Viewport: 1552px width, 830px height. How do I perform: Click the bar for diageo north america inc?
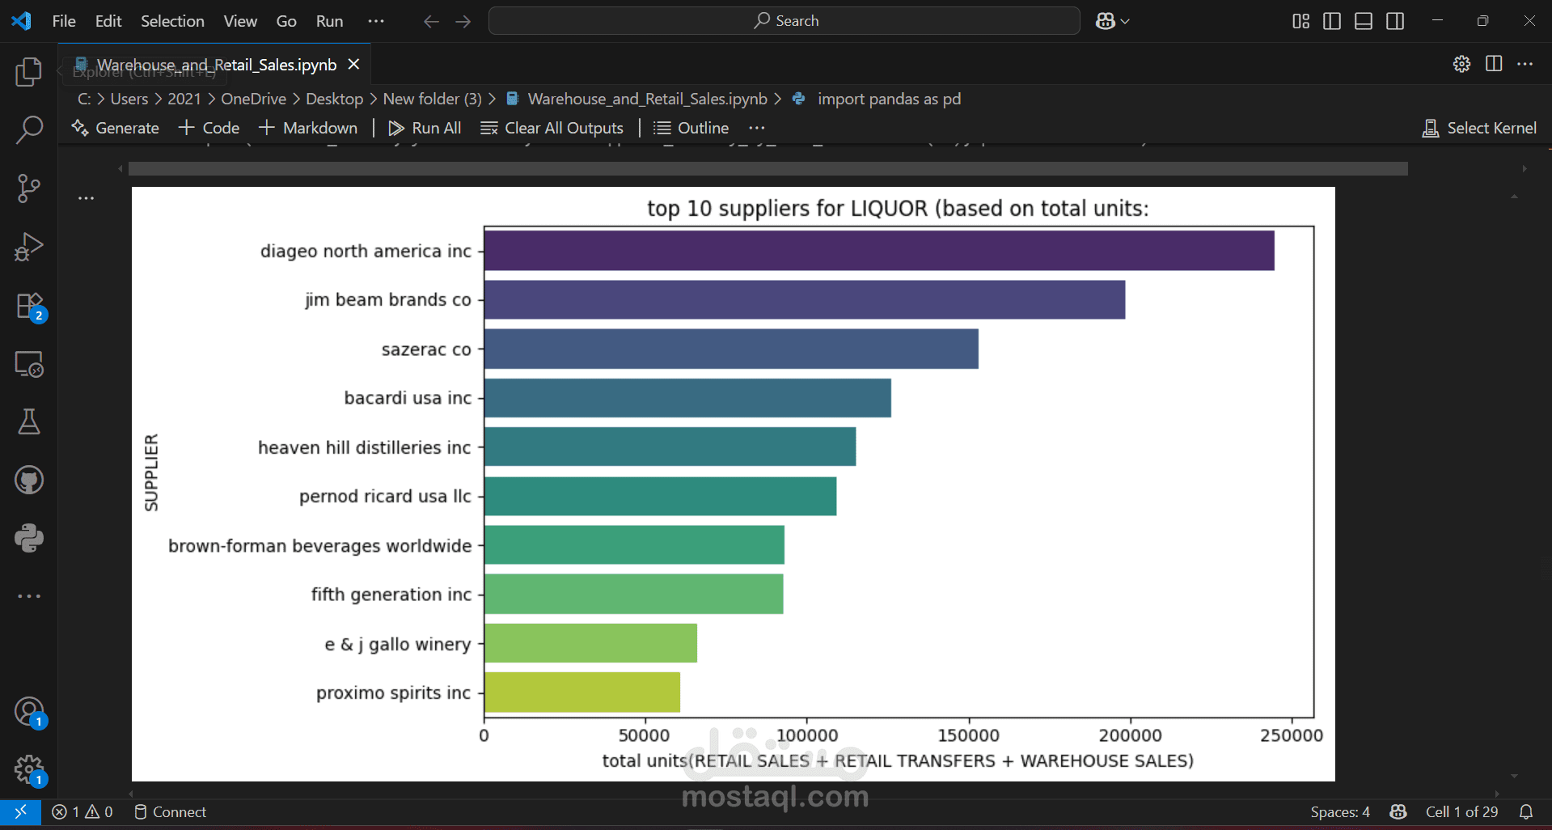coord(879,251)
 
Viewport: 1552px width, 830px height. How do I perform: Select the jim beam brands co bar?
coord(805,300)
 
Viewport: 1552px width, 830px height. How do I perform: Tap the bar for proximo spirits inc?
coord(582,692)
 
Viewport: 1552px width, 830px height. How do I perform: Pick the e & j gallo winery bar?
coord(590,644)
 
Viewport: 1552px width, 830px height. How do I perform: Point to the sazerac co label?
coord(426,349)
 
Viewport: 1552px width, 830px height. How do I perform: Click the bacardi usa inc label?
coord(408,398)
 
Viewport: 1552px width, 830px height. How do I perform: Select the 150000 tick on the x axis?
coord(968,735)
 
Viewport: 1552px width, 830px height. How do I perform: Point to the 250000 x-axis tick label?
coord(1291,735)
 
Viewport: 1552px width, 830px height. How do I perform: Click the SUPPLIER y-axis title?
coord(151,472)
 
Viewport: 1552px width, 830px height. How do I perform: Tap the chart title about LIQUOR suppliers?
coord(898,209)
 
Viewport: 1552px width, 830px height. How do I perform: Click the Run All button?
coord(425,128)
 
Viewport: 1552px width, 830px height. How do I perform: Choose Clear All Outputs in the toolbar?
coord(552,128)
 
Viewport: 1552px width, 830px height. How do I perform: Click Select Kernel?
coord(1479,128)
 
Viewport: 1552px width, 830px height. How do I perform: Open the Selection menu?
coord(172,21)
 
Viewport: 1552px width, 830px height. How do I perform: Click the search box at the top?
coord(784,21)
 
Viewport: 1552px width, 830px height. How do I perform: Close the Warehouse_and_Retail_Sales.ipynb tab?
coord(353,64)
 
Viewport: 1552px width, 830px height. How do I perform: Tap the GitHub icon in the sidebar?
coord(29,480)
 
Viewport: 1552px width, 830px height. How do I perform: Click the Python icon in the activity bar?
coord(29,538)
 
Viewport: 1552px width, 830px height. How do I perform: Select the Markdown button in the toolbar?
coord(308,128)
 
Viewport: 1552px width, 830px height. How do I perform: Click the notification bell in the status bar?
coord(1526,811)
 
